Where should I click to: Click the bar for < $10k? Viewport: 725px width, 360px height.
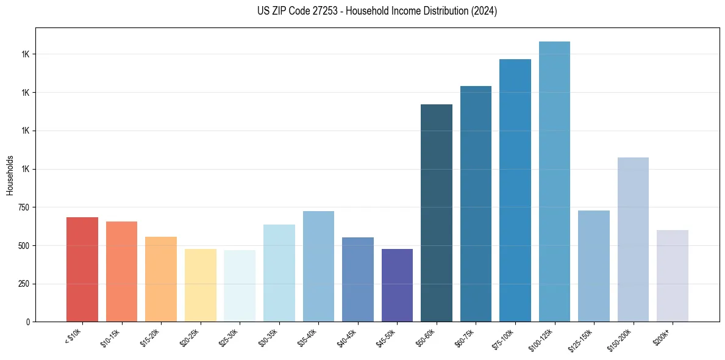tap(82, 269)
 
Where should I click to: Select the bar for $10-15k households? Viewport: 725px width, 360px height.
tap(121, 272)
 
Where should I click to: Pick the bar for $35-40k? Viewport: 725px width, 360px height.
tap(318, 266)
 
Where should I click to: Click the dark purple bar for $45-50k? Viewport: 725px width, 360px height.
tap(397, 285)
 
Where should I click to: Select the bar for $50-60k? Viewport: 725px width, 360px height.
tap(437, 213)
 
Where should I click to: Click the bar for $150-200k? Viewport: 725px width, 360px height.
tap(633, 239)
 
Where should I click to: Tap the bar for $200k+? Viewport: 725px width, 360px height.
tap(673, 276)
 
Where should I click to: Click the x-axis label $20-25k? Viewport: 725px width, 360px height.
tap(190, 337)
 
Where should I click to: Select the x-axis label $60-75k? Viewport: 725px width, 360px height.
tap(466, 337)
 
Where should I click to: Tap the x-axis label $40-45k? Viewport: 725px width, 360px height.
tap(348, 337)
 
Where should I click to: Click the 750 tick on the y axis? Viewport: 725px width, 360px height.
tap(24, 207)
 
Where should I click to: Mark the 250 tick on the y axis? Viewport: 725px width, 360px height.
tap(24, 284)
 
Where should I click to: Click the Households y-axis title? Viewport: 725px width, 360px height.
tap(10, 175)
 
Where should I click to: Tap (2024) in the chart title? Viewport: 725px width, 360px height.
tap(485, 11)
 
